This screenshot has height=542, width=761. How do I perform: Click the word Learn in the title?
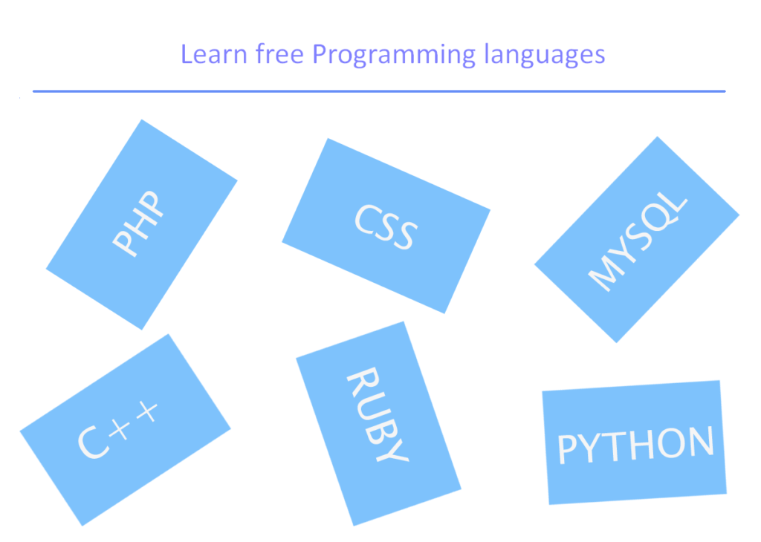click(204, 54)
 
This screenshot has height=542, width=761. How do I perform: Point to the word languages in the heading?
click(544, 56)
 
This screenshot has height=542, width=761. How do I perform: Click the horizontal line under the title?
click(379, 91)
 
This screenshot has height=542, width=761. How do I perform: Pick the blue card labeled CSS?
click(386, 225)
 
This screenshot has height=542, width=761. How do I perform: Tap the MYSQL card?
click(637, 239)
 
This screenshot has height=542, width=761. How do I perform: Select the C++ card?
click(125, 430)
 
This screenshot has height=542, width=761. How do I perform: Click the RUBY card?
click(378, 423)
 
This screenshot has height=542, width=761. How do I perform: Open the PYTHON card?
click(635, 443)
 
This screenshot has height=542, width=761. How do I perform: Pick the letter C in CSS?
click(367, 216)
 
